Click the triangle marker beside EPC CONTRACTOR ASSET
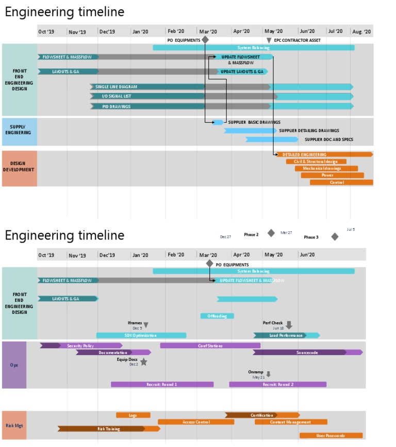[269, 40]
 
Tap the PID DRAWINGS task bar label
[117, 106]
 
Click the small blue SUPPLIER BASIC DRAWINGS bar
[218, 122]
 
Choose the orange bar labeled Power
[327, 175]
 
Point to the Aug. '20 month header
[361, 31]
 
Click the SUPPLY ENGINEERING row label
[19, 130]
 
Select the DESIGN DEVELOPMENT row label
[19, 167]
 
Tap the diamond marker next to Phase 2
[271, 233]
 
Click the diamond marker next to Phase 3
[335, 236]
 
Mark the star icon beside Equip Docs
[144, 362]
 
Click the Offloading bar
[217, 316]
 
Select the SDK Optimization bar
[141, 336]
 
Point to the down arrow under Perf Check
[289, 325]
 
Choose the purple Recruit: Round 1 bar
[162, 385]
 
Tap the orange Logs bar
[133, 415]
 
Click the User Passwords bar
[331, 436]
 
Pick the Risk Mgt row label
[14, 425]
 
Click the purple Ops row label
[14, 365]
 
